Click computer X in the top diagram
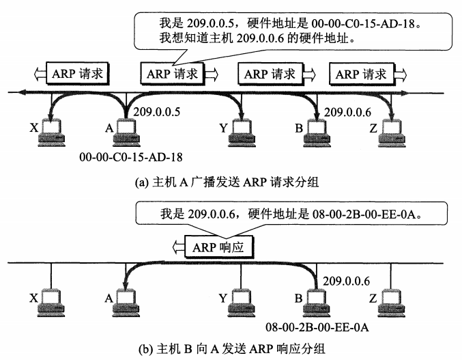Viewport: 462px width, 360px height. [x=52, y=133]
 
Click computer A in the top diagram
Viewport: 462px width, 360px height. [x=127, y=133]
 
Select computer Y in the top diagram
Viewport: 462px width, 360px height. [x=242, y=133]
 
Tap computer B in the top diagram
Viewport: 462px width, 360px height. [x=317, y=133]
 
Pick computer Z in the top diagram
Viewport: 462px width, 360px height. [x=392, y=133]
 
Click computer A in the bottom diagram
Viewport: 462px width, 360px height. [x=126, y=303]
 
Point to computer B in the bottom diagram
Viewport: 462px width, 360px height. [x=317, y=303]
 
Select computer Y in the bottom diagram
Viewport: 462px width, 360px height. [x=242, y=303]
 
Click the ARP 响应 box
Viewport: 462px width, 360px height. [x=219, y=247]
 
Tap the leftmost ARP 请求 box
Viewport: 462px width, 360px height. [x=78, y=74]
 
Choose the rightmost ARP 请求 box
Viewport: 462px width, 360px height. [x=362, y=74]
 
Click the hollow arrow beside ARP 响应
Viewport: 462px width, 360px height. [x=178, y=247]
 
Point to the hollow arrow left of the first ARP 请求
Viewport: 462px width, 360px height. [x=40, y=74]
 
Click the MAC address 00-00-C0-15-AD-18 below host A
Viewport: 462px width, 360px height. [x=131, y=157]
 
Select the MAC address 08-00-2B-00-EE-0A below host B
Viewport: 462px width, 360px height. [x=317, y=327]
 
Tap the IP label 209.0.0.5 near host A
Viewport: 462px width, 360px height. [x=157, y=112]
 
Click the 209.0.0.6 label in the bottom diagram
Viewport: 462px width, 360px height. [x=347, y=281]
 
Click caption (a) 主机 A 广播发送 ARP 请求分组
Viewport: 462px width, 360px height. [x=227, y=182]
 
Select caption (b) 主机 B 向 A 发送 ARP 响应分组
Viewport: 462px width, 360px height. [x=231, y=349]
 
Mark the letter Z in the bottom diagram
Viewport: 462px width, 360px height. [x=373, y=299]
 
